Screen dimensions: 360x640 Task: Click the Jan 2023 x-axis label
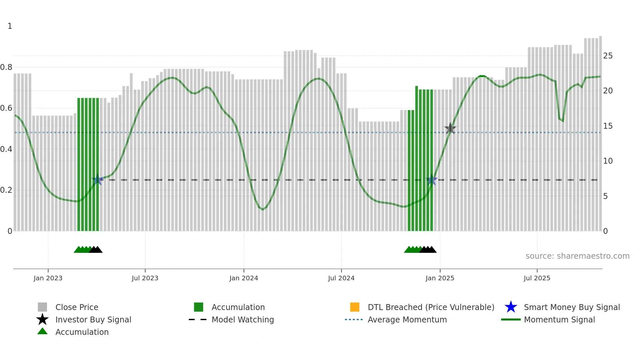48,278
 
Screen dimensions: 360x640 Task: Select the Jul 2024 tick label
341,278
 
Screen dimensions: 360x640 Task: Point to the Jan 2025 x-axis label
440,278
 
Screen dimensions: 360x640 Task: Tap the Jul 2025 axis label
537,278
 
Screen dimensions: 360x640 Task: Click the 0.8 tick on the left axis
6,67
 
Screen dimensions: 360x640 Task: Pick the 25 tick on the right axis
608,56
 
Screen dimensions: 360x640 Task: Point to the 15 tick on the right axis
608,126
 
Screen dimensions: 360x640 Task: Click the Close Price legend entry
77,307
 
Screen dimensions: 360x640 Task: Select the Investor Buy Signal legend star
42,319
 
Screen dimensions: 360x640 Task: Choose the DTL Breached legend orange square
355,307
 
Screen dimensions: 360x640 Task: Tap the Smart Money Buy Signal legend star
511,307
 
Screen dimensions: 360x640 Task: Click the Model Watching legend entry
243,319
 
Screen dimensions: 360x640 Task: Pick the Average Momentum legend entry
407,319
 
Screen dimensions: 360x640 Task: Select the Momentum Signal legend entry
559,319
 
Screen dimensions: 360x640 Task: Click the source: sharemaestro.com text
577,256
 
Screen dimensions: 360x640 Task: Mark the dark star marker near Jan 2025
450,128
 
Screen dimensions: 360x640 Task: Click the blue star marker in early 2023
97,180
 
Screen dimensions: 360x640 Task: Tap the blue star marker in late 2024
432,180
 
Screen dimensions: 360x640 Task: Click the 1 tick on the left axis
10,26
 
